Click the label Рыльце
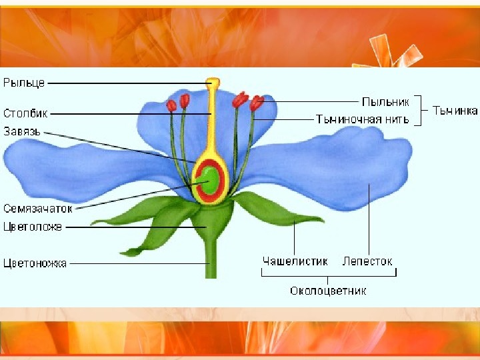point(24,83)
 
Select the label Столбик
point(25,113)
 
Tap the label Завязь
point(22,131)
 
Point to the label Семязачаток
point(37,208)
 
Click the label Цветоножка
point(35,263)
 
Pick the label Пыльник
point(385,102)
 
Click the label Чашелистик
point(295,261)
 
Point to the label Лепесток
point(367,261)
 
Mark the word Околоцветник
point(328,291)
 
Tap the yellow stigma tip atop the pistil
point(213,83)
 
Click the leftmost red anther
point(172,105)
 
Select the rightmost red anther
point(257,103)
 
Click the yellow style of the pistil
point(213,123)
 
